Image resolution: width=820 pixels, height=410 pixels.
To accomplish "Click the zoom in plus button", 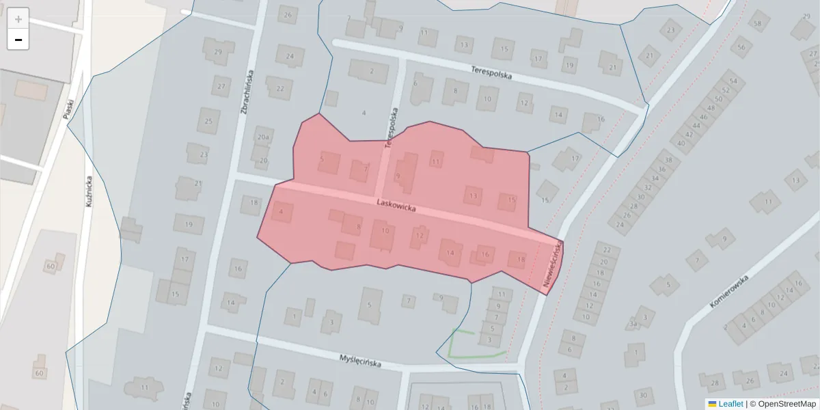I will tap(18, 18).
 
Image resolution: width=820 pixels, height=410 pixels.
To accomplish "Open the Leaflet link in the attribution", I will tap(730, 404).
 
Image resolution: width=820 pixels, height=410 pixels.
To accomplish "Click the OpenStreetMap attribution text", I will tap(787, 404).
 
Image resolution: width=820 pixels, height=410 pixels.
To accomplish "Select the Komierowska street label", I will tap(729, 291).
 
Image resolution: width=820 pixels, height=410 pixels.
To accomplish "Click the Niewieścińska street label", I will tap(553, 263).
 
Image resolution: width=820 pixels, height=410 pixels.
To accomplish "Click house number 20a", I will tap(264, 137).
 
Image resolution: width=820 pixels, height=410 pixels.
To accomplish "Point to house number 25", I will tap(209, 121).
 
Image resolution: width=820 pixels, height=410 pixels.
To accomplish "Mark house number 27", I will tap(220, 87).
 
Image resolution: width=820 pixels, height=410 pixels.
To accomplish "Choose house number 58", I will tap(757, 24).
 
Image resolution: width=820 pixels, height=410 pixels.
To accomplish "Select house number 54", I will tap(733, 81).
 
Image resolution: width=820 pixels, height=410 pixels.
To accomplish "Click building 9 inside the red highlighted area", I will tap(398, 176).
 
